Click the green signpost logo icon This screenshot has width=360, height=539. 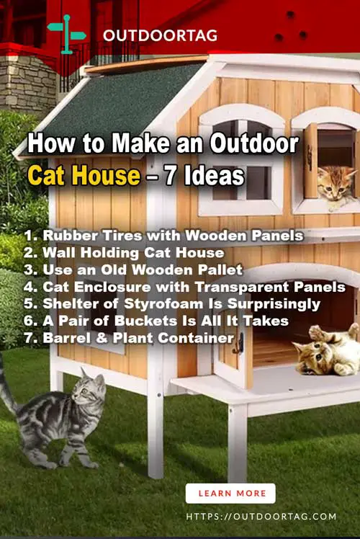[66, 34]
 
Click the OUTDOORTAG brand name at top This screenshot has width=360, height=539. [160, 35]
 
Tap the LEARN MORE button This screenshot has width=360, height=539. [230, 494]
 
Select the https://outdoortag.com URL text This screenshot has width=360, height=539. [261, 517]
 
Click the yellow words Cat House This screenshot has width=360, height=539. [84, 175]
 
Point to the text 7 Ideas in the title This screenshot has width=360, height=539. [204, 175]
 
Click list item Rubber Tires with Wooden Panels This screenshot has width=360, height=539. [164, 236]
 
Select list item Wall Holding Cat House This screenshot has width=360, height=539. [124, 253]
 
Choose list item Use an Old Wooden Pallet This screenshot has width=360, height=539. [133, 269]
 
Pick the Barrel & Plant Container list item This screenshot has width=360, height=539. [129, 337]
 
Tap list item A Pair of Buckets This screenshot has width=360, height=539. [156, 321]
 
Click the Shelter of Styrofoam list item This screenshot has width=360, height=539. [172, 304]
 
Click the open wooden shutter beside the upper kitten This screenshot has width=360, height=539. [310, 161]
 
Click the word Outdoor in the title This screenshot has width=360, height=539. [255, 143]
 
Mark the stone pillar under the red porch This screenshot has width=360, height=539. [26, 82]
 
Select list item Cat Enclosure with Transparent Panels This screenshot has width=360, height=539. [184, 287]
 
